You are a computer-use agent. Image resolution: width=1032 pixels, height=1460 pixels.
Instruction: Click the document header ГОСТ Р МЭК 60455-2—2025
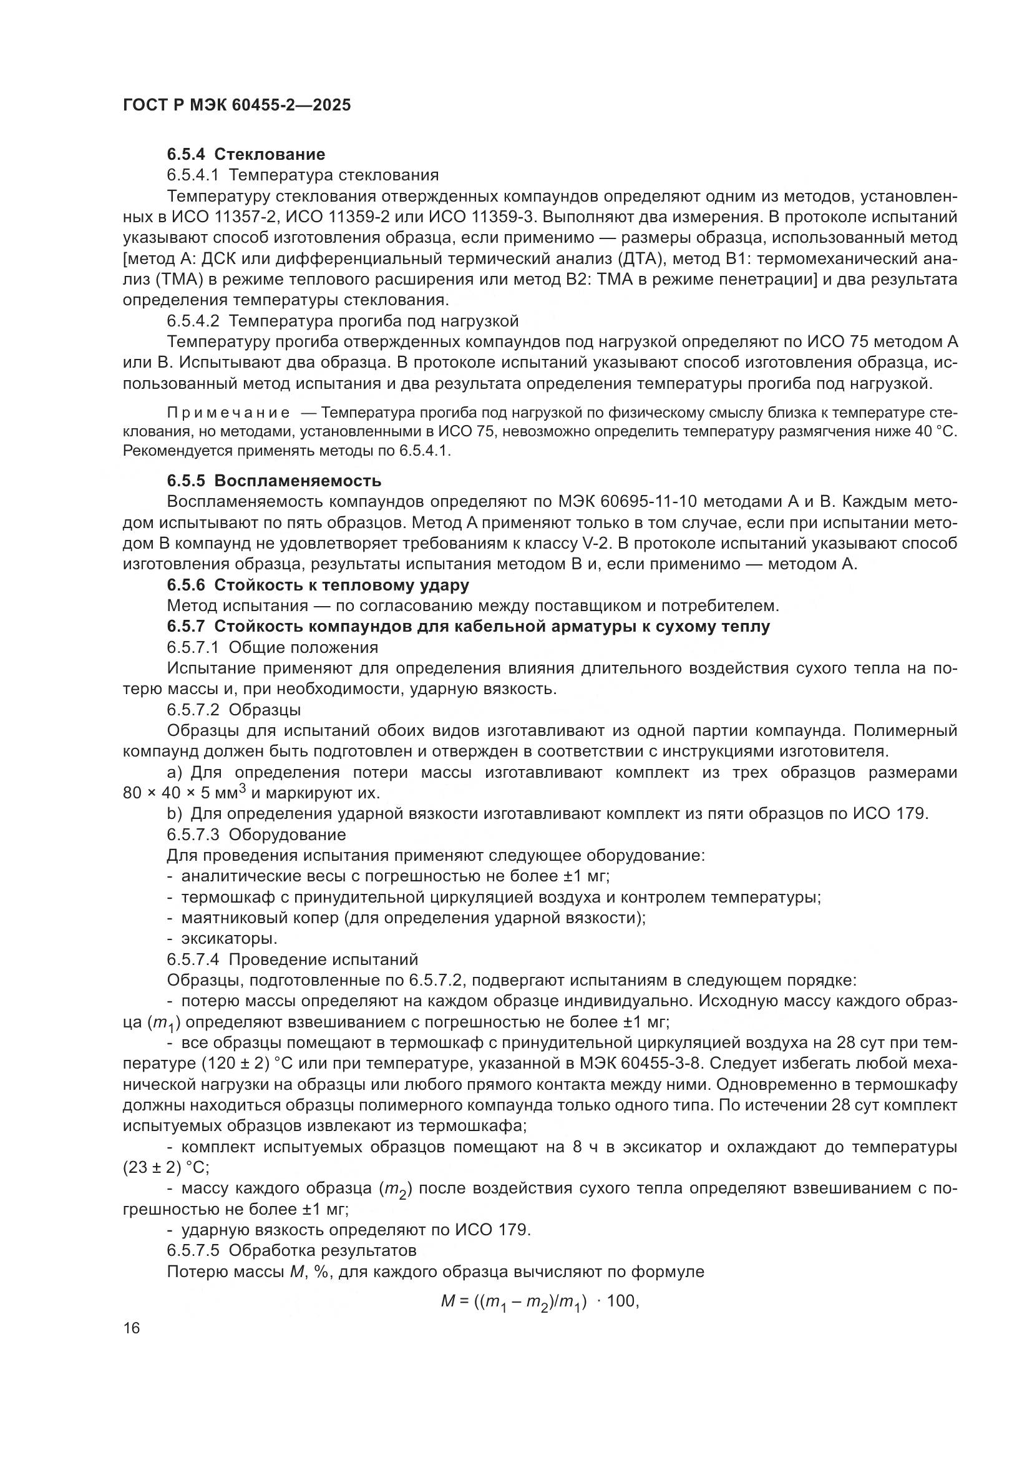236,105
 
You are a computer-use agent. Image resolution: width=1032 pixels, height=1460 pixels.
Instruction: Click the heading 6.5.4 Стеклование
246,154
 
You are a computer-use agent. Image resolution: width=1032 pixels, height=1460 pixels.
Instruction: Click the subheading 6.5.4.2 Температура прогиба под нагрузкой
343,320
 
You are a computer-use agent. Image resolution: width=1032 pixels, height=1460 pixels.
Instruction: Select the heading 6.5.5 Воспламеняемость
274,480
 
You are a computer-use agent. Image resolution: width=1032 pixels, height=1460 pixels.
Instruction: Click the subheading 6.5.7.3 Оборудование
256,834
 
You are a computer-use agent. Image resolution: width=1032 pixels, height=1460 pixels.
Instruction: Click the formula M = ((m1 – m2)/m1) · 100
539,1302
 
